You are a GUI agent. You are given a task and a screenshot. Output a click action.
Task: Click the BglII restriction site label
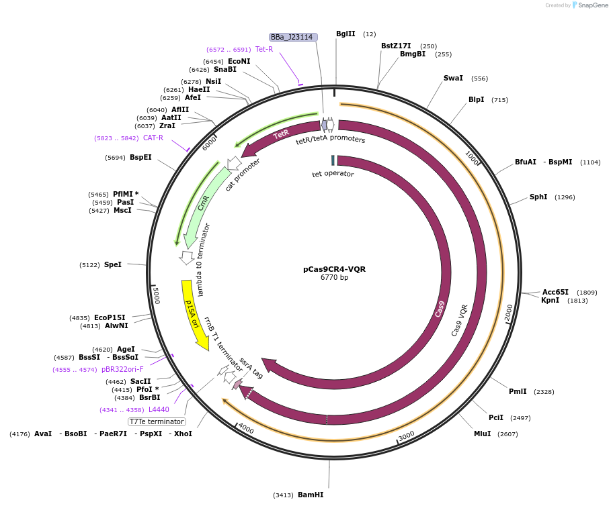click(345, 34)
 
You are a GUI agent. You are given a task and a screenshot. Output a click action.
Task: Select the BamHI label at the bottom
click(311, 495)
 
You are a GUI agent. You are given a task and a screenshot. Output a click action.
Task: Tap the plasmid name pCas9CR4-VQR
click(334, 269)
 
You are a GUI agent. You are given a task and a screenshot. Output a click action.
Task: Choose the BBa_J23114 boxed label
click(292, 38)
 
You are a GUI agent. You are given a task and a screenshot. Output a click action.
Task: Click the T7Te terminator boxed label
click(157, 421)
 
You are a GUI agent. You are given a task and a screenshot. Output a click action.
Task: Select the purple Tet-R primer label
click(264, 49)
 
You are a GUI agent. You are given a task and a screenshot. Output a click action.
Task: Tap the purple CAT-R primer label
click(153, 138)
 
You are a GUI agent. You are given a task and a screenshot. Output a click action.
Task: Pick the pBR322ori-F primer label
click(122, 369)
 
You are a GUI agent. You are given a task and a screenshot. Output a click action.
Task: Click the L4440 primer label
click(159, 409)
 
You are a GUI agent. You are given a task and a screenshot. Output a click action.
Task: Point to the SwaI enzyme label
click(453, 79)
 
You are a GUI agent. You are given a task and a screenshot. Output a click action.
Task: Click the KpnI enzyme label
click(550, 301)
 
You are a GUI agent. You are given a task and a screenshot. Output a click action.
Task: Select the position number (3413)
click(283, 495)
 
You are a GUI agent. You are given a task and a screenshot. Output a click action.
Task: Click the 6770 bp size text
click(334, 278)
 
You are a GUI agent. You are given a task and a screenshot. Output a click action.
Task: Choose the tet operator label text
click(333, 174)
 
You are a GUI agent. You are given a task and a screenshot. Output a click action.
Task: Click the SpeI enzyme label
click(113, 264)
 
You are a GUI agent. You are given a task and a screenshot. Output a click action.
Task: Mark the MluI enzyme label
click(482, 434)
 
